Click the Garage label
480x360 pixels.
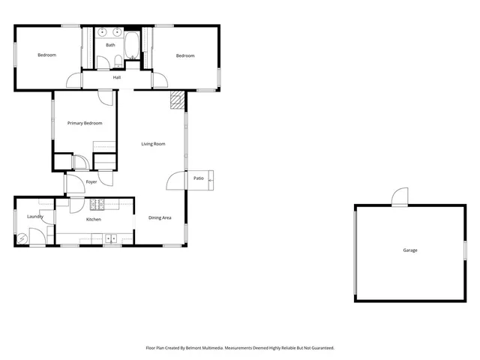(x=410, y=250)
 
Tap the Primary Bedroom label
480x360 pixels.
(x=85, y=123)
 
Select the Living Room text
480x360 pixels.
(x=154, y=144)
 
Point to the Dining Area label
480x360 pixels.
(x=160, y=217)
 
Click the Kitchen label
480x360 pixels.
(x=94, y=219)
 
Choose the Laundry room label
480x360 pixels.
(x=34, y=217)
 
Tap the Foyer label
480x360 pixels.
(x=91, y=181)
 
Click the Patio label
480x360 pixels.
(x=199, y=178)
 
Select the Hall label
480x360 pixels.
(x=117, y=77)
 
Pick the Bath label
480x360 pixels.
(x=110, y=45)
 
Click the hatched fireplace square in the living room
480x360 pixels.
(x=178, y=99)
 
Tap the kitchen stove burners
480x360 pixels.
(x=97, y=204)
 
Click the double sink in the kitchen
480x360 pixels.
(x=111, y=239)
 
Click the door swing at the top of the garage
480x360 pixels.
(x=399, y=196)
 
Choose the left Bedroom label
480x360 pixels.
(x=47, y=55)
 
